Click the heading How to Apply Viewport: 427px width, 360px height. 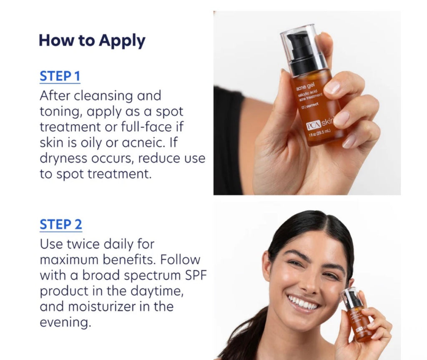tap(92, 41)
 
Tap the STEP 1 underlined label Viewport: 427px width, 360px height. tap(60, 76)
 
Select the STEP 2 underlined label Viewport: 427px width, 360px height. tap(61, 224)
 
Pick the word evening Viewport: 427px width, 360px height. tap(64, 322)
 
